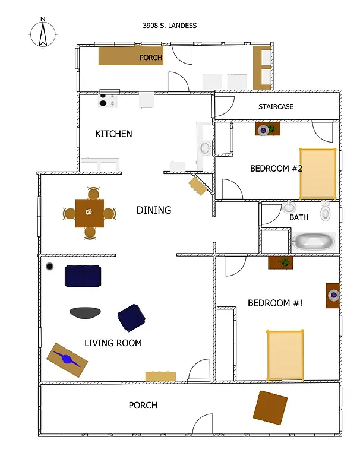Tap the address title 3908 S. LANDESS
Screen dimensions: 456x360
pos(169,26)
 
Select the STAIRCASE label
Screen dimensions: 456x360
pos(276,107)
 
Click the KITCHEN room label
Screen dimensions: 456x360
pos(113,134)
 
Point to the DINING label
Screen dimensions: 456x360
pos(154,210)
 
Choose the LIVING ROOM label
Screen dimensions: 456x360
pos(113,343)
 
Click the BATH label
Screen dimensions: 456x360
pos(299,217)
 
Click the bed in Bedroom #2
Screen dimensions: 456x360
pos(318,173)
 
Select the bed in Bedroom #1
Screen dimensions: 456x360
pos(285,354)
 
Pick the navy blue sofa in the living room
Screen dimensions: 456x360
pos(83,275)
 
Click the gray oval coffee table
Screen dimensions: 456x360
pos(85,312)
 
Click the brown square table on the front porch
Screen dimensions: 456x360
pos(270,407)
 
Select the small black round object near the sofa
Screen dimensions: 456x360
pos(50,266)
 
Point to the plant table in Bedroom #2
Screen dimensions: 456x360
pos(268,129)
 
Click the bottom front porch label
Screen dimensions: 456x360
pos(143,406)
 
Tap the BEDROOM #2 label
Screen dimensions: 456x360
pos(276,169)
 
